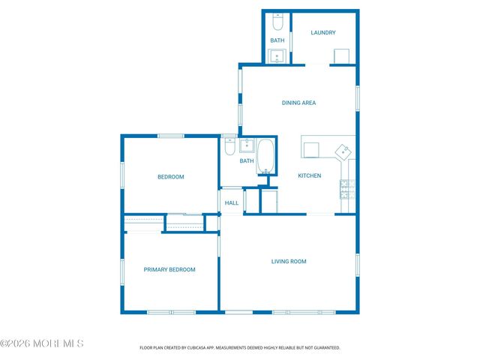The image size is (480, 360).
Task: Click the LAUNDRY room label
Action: pos(323,32)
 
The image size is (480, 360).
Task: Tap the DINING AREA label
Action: pos(298,103)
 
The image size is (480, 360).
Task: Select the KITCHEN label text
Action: pos(310,175)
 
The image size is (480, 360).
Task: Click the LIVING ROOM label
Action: pos(289,261)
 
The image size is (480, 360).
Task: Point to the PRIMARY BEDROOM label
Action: pos(169,269)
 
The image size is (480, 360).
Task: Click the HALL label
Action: pos(232,202)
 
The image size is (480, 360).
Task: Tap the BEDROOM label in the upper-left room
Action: pos(170,177)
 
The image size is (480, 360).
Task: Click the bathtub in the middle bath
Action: pos(266,156)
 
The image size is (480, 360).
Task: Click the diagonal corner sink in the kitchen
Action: pos(344,151)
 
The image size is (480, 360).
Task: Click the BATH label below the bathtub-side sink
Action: pos(247,160)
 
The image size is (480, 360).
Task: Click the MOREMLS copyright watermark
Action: pos(42,343)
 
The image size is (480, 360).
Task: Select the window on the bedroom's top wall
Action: pos(170,136)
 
